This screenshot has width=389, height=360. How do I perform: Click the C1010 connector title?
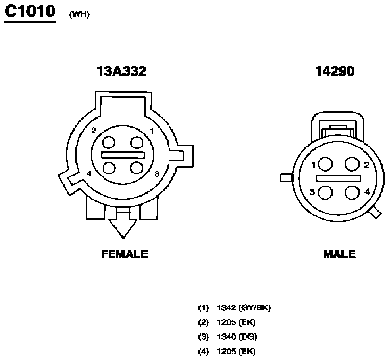coord(30,12)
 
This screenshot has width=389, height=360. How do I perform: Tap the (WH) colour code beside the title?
coord(79,14)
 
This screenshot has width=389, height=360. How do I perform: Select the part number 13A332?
coord(121,71)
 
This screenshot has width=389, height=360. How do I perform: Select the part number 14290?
coord(335,71)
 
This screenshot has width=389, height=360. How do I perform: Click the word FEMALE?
coord(125,254)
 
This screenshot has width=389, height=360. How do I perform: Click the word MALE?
coord(339,254)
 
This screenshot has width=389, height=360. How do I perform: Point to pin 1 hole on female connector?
coord(136,143)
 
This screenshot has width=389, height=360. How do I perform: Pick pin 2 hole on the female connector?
coord(108,143)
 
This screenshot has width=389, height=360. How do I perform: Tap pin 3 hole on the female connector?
coord(136,168)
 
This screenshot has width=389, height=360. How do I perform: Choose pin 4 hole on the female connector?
coord(109,168)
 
